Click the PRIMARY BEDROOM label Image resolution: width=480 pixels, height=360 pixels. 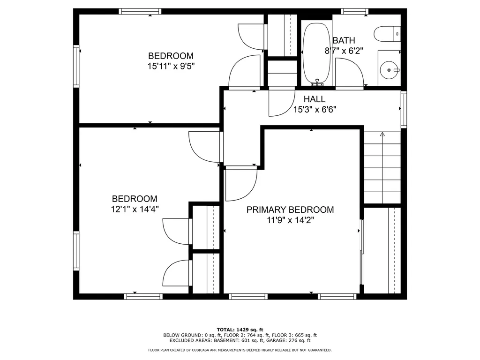[x=290, y=210]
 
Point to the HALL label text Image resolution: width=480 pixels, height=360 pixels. [x=314, y=99]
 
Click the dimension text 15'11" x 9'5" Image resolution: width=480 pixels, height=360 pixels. [x=171, y=66]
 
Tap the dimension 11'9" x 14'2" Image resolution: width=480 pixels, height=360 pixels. [x=290, y=220]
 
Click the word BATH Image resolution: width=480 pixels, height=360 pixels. [x=344, y=40]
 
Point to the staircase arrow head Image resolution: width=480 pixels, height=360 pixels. [x=382, y=135]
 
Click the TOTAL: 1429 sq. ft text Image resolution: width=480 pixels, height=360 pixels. [x=240, y=329]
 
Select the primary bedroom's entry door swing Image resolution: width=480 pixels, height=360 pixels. [x=240, y=184]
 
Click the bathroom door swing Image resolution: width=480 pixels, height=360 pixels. [x=349, y=74]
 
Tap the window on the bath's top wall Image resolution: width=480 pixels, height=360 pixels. [x=354, y=11]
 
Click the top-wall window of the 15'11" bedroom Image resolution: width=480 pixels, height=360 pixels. [x=140, y=11]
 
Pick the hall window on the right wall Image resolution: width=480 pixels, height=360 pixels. [x=404, y=109]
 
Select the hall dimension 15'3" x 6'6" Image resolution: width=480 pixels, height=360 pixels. [x=315, y=110]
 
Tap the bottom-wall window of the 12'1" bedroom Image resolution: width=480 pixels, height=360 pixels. [x=143, y=296]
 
